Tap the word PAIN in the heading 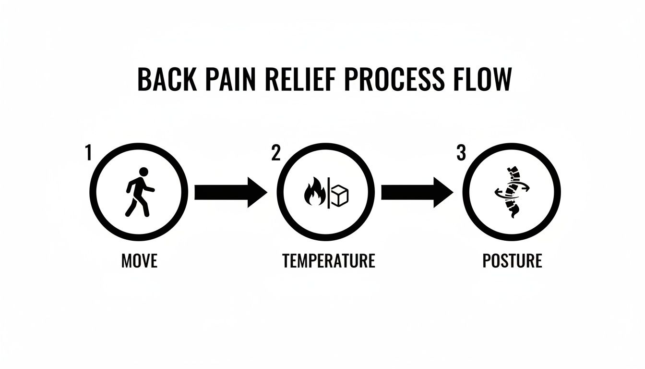pyautogui.click(x=228, y=80)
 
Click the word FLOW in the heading pyautogui.click(x=482, y=80)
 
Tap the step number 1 pyautogui.click(x=88, y=153)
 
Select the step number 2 pyautogui.click(x=275, y=153)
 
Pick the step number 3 pyautogui.click(x=461, y=153)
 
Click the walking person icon pyautogui.click(x=139, y=192)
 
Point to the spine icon pyautogui.click(x=511, y=192)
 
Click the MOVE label pyautogui.click(x=139, y=261)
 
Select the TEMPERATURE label pyautogui.click(x=328, y=261)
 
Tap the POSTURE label pyautogui.click(x=512, y=261)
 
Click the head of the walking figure pyautogui.click(x=143, y=172)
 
